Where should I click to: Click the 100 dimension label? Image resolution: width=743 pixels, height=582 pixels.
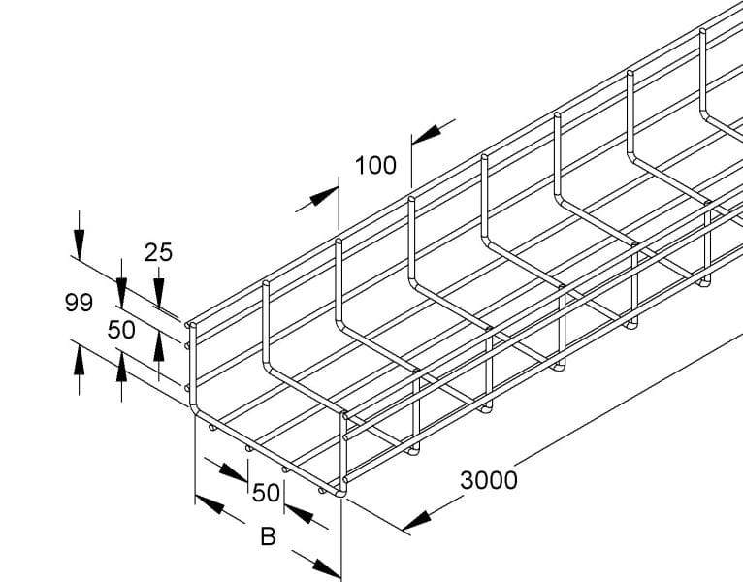pyautogui.click(x=375, y=166)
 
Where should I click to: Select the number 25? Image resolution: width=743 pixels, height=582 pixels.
pyautogui.click(x=158, y=252)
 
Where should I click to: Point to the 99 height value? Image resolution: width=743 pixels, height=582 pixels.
pyautogui.click(x=79, y=303)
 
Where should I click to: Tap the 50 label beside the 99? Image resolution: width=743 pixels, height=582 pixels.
pyautogui.click(x=121, y=330)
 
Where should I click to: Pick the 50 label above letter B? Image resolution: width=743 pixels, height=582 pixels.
pyautogui.click(x=266, y=493)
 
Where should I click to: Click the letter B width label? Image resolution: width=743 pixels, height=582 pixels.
pyautogui.click(x=269, y=537)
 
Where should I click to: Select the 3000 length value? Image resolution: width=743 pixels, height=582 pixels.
pyautogui.click(x=489, y=480)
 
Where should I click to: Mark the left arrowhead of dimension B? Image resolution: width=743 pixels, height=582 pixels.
pyautogui.click(x=210, y=504)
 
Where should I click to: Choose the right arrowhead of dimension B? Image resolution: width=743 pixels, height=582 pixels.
pyautogui.click(x=327, y=568)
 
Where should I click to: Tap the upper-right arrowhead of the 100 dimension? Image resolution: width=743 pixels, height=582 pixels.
pyautogui.click(x=426, y=134)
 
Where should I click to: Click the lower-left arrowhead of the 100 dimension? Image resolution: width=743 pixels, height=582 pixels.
pyautogui.click(x=324, y=196)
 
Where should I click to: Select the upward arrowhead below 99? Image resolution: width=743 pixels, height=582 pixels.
pyautogui.click(x=80, y=361)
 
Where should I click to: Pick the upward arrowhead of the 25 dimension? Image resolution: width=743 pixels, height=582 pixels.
pyautogui.click(x=159, y=348)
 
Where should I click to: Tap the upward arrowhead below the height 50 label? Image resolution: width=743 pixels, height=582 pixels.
pyautogui.click(x=122, y=366)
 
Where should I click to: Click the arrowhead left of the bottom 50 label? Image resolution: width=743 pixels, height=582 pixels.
pyautogui.click(x=233, y=472)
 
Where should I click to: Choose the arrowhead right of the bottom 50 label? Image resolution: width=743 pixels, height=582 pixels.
pyautogui.click(x=299, y=514)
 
